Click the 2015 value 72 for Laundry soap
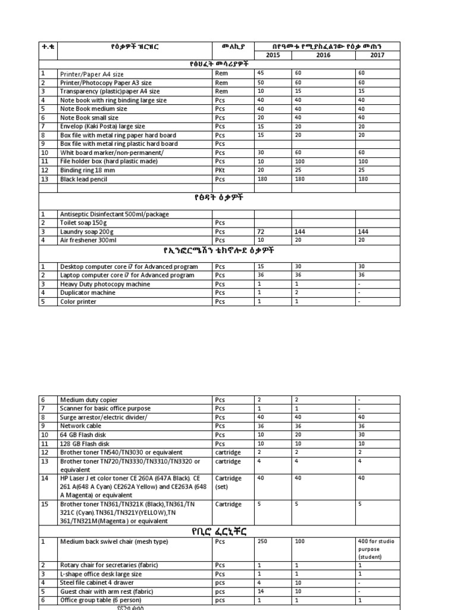(261, 231)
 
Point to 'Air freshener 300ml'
(88, 240)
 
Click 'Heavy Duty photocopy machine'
(105, 284)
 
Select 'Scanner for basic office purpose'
(105, 409)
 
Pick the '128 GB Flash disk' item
(85, 444)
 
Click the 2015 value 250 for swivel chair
(262, 541)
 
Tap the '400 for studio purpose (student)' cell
(377, 549)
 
